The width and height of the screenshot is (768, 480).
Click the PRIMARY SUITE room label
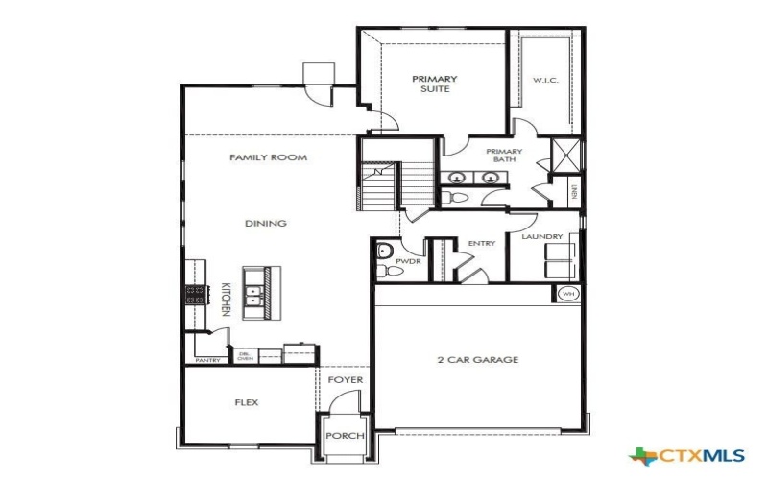(435, 84)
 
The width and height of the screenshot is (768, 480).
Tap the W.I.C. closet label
(545, 80)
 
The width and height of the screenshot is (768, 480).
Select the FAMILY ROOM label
(268, 157)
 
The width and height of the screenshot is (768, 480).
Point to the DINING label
(266, 224)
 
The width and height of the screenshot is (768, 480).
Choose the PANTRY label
(208, 361)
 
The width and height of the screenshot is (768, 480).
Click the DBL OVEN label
(245, 357)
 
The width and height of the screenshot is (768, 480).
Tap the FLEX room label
(246, 402)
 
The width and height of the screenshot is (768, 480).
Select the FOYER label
(346, 380)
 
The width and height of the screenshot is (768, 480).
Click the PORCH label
(345, 436)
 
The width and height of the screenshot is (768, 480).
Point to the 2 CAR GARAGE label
(477, 360)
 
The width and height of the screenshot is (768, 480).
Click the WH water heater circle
(566, 295)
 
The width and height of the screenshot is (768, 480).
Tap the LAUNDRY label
(541, 236)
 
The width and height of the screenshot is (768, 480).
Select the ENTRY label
(481, 244)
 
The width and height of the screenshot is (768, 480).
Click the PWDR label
(403, 259)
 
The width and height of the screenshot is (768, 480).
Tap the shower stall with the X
(567, 154)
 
